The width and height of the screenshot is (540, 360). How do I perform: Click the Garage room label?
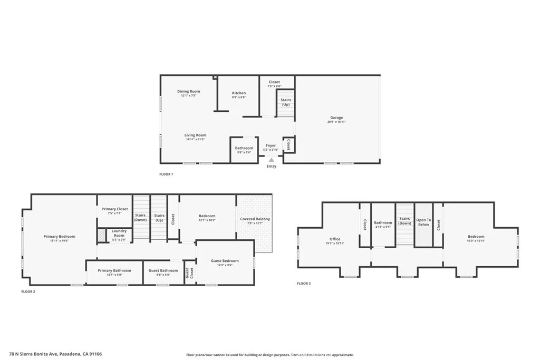[336, 118]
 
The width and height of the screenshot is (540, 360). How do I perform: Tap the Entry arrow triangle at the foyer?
[272, 159]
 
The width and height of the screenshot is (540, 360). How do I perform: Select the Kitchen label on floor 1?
[239, 93]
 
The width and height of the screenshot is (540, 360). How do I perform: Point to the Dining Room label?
[188, 92]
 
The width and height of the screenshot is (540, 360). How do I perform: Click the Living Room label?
[195, 135]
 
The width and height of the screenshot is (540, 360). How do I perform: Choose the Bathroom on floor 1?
[244, 148]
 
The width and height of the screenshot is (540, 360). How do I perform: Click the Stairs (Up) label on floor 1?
[285, 102]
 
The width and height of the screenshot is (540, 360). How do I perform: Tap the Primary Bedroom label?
[59, 237]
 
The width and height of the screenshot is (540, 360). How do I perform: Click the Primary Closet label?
[114, 209]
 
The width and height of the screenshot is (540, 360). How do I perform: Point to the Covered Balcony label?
[255, 219]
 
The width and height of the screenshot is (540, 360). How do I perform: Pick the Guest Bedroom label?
[225, 261]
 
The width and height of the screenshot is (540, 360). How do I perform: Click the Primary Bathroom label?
[114, 270]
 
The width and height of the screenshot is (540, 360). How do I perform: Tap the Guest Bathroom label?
[163, 270]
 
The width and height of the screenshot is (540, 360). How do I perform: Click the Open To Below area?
[423, 222]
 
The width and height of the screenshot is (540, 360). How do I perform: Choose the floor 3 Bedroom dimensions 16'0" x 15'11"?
[476, 244]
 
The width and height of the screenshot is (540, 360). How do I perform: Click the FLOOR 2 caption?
[28, 291]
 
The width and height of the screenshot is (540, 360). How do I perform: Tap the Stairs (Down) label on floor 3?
[404, 221]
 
